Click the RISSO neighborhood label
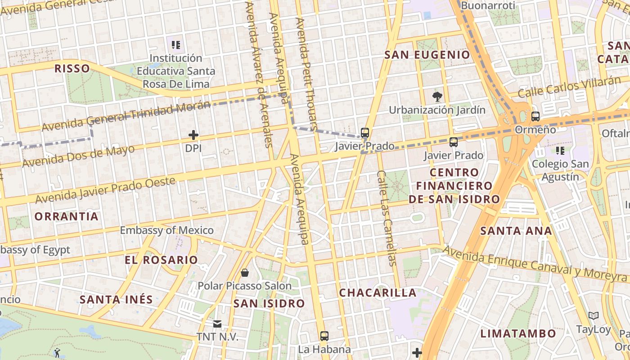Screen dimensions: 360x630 [72, 68]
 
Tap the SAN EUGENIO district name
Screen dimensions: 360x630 [427, 55]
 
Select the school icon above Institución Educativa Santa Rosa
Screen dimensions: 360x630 [176, 45]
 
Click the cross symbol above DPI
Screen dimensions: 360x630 [193, 135]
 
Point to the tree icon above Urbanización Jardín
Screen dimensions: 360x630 [436, 96]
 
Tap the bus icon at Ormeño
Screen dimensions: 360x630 [535, 117]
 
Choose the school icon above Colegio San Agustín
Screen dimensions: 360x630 [560, 150]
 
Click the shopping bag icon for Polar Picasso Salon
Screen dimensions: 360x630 [245, 273]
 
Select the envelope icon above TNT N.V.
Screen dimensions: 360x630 [217, 324]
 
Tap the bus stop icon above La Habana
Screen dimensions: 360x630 [324, 336]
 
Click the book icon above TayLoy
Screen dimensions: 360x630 [594, 316]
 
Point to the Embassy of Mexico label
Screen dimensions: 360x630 [166, 230]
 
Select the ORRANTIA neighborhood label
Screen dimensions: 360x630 [67, 216]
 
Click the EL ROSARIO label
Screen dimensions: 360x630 [161, 260]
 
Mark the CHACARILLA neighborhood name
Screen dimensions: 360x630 [378, 293]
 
